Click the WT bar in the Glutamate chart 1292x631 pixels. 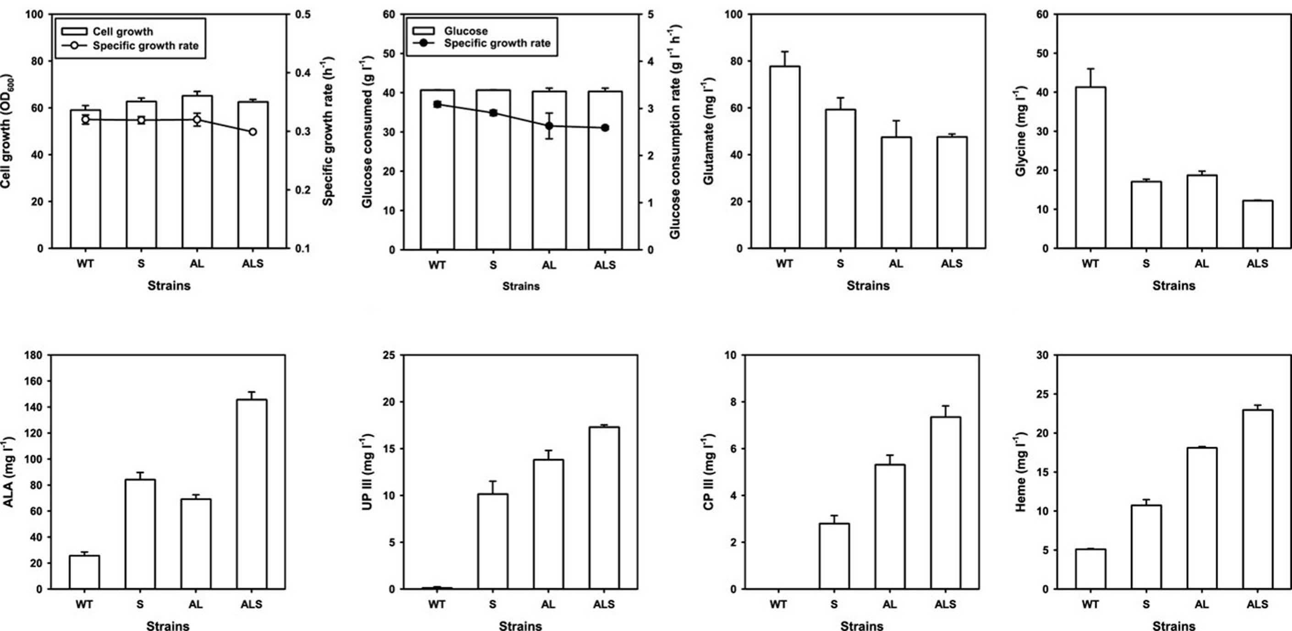click(x=784, y=158)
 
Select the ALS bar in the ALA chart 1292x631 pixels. click(x=252, y=494)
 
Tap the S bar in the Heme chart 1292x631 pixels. click(x=1146, y=547)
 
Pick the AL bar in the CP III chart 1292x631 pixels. click(x=890, y=527)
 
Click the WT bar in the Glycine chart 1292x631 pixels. click(x=1090, y=168)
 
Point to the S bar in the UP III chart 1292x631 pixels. click(x=493, y=541)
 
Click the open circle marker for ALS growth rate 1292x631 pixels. click(x=253, y=132)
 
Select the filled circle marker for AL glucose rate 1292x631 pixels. click(x=549, y=126)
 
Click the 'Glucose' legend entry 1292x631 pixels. click(x=450, y=31)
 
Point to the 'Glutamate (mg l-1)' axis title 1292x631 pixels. click(x=708, y=131)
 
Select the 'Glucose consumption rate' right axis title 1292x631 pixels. click(x=674, y=131)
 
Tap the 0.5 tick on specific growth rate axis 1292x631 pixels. click(x=303, y=15)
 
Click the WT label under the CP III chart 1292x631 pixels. click(x=778, y=604)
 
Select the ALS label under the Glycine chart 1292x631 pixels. click(x=1257, y=264)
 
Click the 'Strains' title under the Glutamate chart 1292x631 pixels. click(x=868, y=286)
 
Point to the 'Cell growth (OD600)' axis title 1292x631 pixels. click(x=6, y=131)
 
